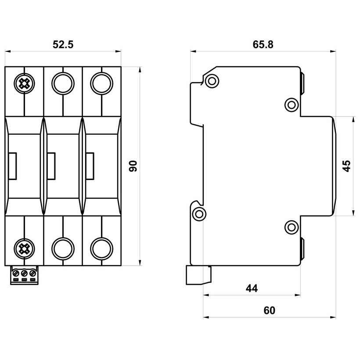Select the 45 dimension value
(346, 166)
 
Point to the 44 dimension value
(252, 288)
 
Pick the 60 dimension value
(269, 310)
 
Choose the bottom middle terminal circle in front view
(61, 249)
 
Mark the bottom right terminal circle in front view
(100, 249)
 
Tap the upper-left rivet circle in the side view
(212, 81)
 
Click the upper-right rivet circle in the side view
(291, 104)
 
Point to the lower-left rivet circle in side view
(199, 214)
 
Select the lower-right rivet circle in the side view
(291, 227)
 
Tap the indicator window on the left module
(13, 166)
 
